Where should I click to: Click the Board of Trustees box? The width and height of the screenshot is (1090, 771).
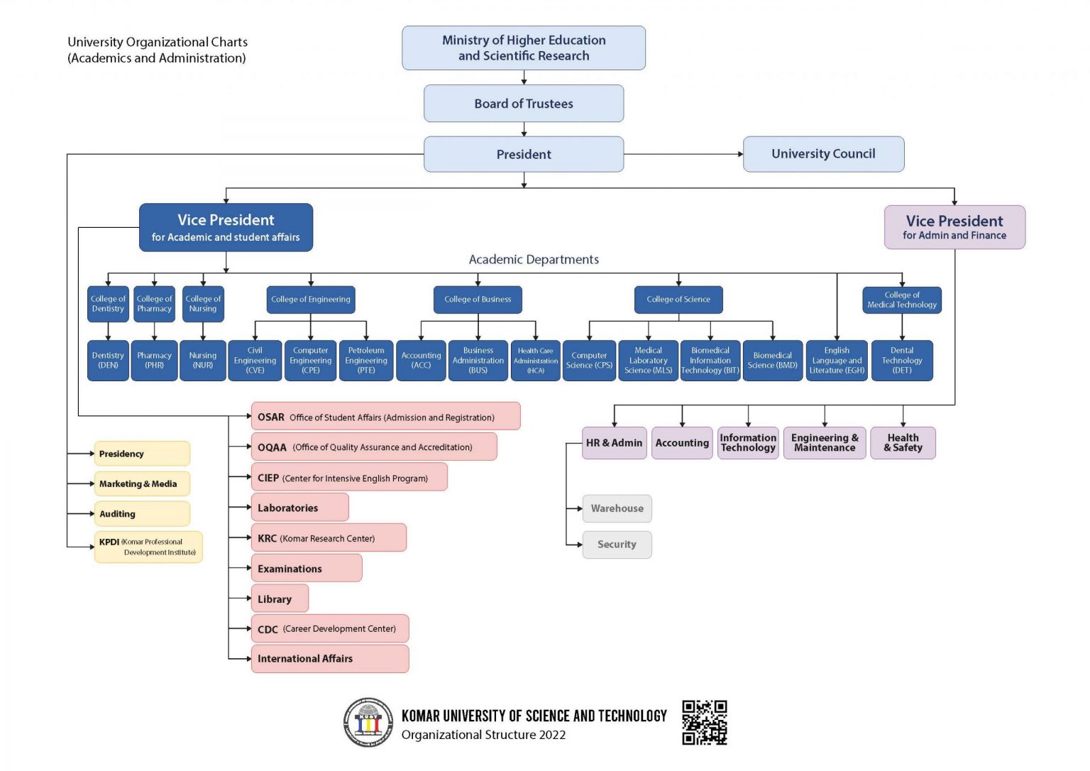click(524, 103)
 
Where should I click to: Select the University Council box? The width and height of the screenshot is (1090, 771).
click(823, 154)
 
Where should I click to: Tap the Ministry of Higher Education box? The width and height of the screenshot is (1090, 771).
click(524, 48)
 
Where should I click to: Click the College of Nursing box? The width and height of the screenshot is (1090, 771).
click(203, 304)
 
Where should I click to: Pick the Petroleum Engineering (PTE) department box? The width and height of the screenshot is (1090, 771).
click(366, 360)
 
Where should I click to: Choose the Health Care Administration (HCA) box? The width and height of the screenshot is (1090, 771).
click(535, 360)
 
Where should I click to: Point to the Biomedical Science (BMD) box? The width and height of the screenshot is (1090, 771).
click(773, 360)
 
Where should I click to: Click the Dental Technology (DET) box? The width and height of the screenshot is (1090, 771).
click(902, 360)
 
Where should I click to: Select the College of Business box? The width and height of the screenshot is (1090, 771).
click(478, 300)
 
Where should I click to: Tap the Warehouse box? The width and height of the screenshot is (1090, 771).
click(617, 508)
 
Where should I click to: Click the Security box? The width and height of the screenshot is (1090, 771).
click(617, 545)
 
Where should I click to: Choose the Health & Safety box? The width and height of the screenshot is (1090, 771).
click(903, 443)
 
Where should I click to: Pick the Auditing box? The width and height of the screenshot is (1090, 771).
click(142, 513)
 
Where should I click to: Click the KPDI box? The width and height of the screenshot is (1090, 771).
click(148, 547)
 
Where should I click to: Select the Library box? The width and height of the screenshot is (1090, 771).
click(280, 598)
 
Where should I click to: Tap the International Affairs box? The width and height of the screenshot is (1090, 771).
click(330, 659)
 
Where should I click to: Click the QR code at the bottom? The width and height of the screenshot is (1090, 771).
click(705, 722)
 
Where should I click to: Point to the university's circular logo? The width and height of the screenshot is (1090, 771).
click(368, 722)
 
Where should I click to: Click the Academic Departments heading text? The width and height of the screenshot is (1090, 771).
click(534, 259)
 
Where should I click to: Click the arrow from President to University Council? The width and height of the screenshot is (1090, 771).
click(683, 154)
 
